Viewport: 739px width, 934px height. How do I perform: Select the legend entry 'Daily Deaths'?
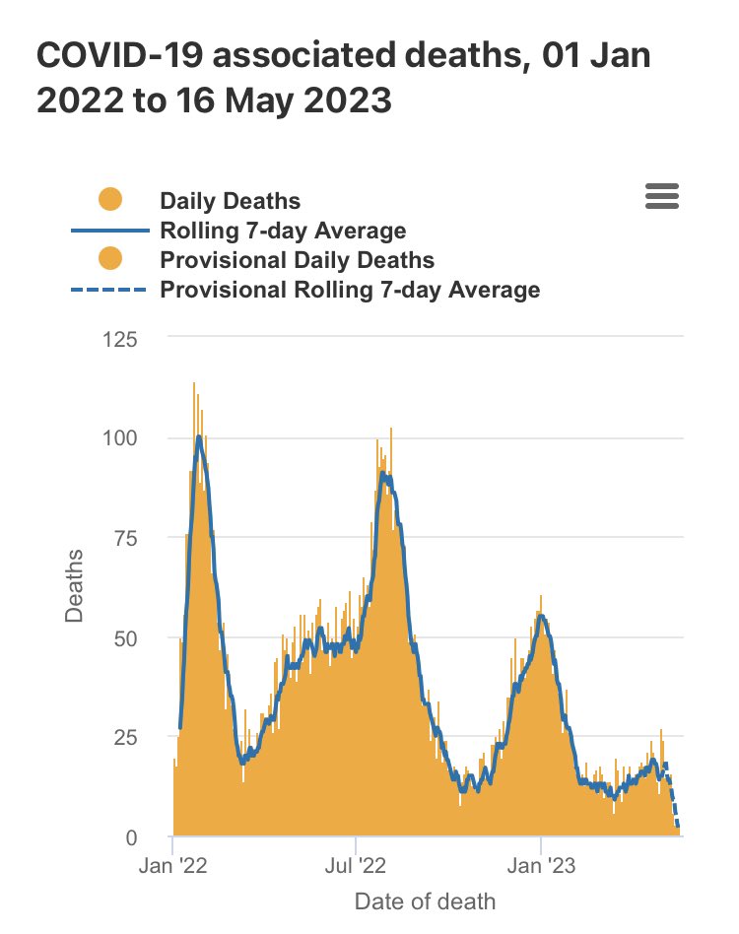[230, 201]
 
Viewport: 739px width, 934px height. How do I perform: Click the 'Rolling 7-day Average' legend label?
[283, 231]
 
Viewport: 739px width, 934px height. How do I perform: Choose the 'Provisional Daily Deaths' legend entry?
[297, 260]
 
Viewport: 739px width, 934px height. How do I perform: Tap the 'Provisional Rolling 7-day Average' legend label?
[350, 290]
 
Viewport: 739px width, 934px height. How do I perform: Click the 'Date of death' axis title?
[425, 901]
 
